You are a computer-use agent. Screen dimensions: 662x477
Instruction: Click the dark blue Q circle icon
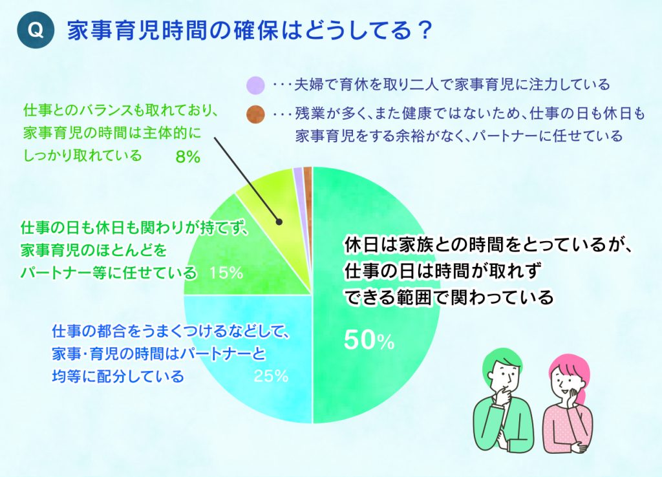click(36, 30)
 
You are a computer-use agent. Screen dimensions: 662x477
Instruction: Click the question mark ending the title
click(423, 30)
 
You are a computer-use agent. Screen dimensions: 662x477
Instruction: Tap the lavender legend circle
click(256, 85)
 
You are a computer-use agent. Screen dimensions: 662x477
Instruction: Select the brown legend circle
click(256, 114)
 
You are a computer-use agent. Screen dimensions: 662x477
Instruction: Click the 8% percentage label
click(188, 157)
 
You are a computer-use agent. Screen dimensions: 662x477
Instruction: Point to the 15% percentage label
click(226, 273)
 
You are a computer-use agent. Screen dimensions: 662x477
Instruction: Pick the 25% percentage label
click(271, 376)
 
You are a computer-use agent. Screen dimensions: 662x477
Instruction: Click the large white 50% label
click(369, 340)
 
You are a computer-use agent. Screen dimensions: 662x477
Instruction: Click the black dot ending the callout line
click(279, 222)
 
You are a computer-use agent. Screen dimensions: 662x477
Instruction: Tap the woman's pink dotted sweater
click(566, 427)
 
